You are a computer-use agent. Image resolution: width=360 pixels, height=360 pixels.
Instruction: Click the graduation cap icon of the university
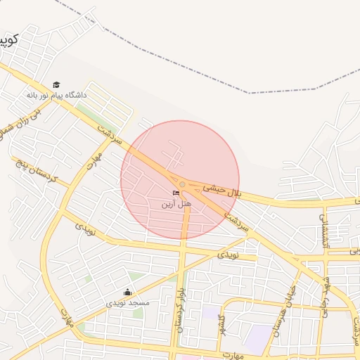[56, 85]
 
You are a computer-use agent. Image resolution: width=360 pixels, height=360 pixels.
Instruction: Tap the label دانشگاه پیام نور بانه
[56, 94]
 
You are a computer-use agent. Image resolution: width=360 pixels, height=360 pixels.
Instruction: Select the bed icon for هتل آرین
[176, 193]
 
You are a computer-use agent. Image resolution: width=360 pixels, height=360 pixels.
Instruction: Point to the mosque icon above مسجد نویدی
[127, 292]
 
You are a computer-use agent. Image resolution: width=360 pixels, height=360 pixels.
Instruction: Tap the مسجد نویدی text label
[128, 303]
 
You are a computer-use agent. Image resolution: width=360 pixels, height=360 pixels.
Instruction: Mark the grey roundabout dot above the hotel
[182, 184]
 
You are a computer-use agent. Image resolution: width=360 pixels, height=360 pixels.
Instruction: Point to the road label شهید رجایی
[326, 295]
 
